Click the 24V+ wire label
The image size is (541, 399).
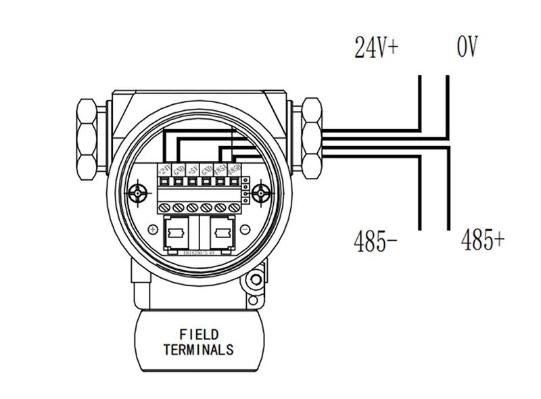pyautogui.click(x=377, y=48)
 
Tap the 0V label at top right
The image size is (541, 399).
pyautogui.click(x=467, y=48)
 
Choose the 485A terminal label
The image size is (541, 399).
pyautogui.click(x=220, y=170)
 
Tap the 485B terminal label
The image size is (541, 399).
pyautogui.click(x=234, y=170)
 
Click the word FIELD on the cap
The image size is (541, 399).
pyautogui.click(x=199, y=335)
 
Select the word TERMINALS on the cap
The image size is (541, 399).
pyautogui.click(x=199, y=350)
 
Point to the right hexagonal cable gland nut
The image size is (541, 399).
pyautogui.click(x=312, y=139)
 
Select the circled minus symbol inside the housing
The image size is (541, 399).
pyautogui.click(x=248, y=231)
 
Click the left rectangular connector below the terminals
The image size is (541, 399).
pyautogui.click(x=178, y=234)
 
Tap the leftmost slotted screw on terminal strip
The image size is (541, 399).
pyautogui.click(x=166, y=206)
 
